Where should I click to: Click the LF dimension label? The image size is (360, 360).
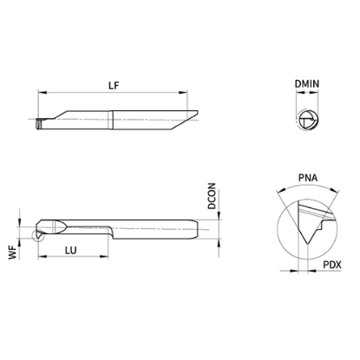114,85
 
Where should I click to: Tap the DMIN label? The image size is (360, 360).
307,84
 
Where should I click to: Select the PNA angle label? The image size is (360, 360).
308,178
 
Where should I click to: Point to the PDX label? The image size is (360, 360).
332,265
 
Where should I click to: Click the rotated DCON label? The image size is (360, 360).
212,196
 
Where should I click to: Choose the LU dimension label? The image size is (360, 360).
70,250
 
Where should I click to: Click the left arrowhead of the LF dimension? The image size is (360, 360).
43,93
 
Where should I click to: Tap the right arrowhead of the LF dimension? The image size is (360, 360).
183,93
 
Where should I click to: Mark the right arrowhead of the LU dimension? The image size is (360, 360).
104,256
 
